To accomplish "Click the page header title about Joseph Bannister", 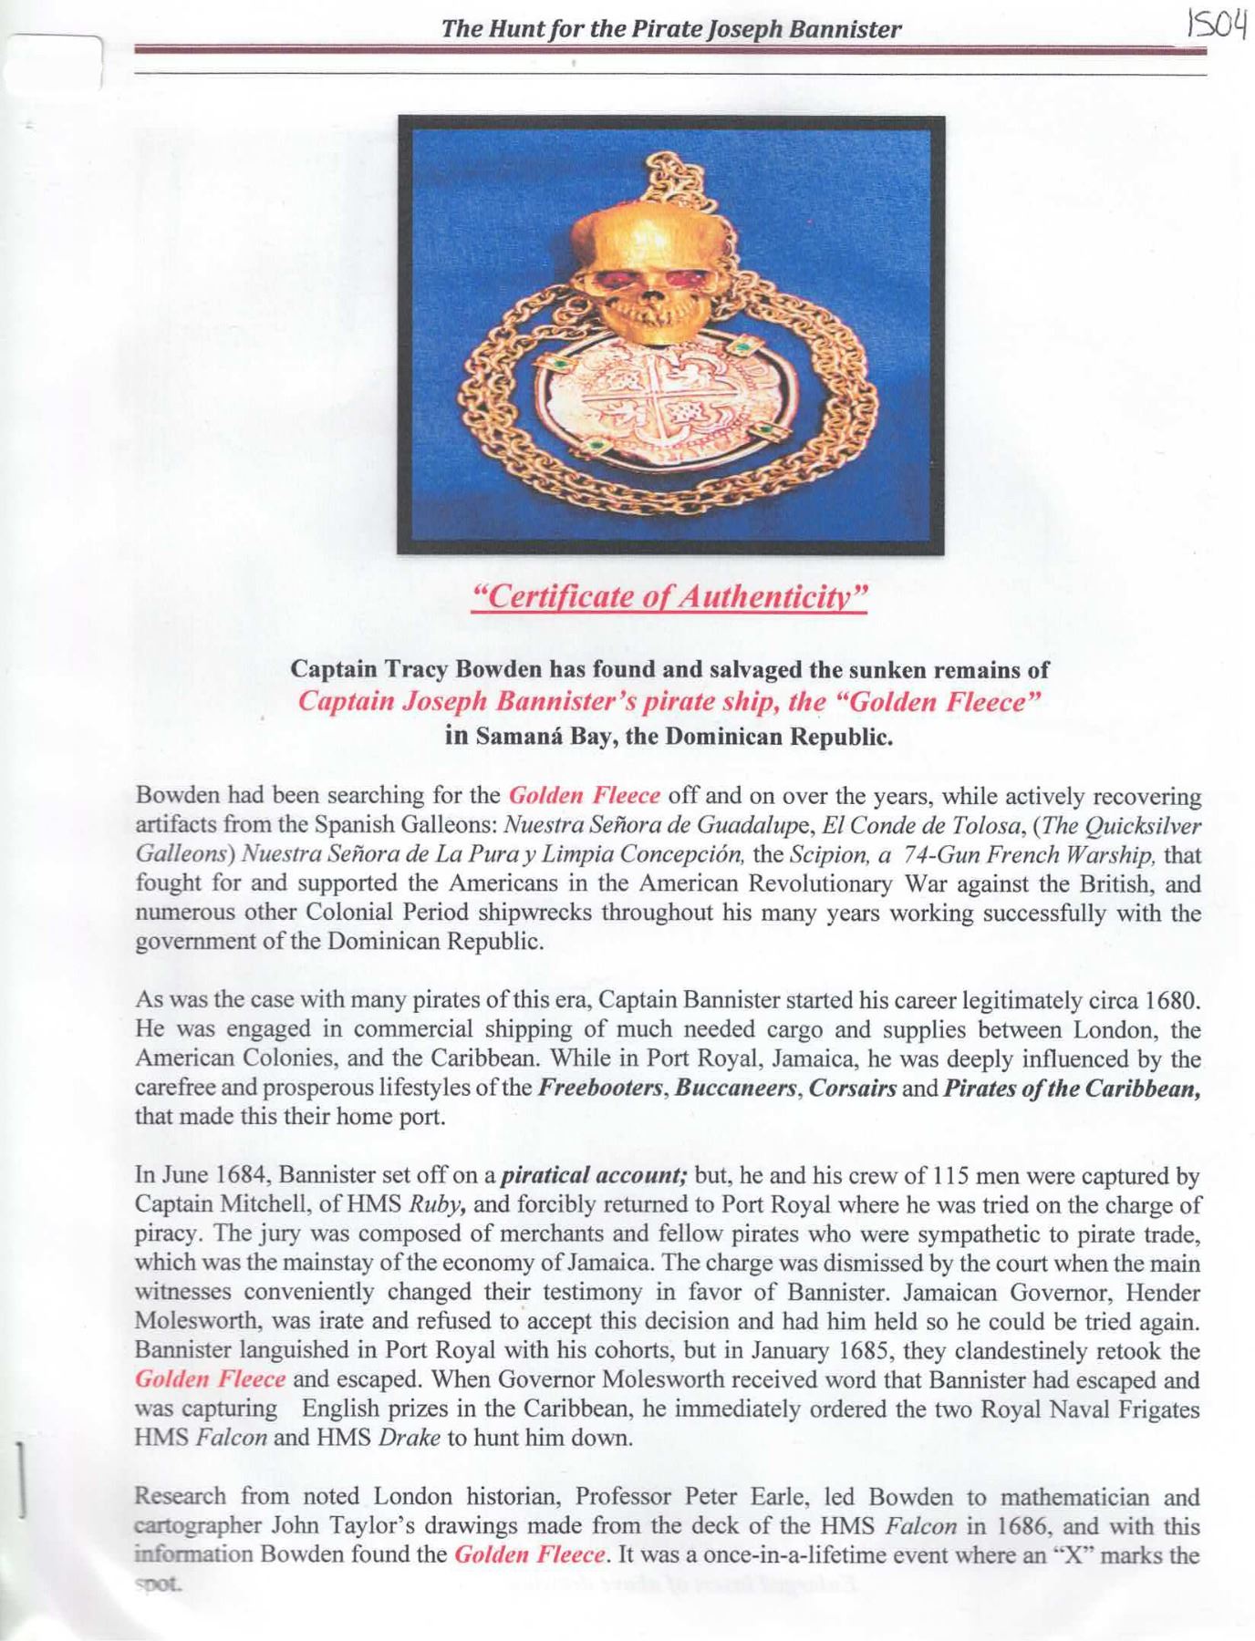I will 671,29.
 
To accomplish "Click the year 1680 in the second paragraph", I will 1170,1001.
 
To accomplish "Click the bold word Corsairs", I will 850,1089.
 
